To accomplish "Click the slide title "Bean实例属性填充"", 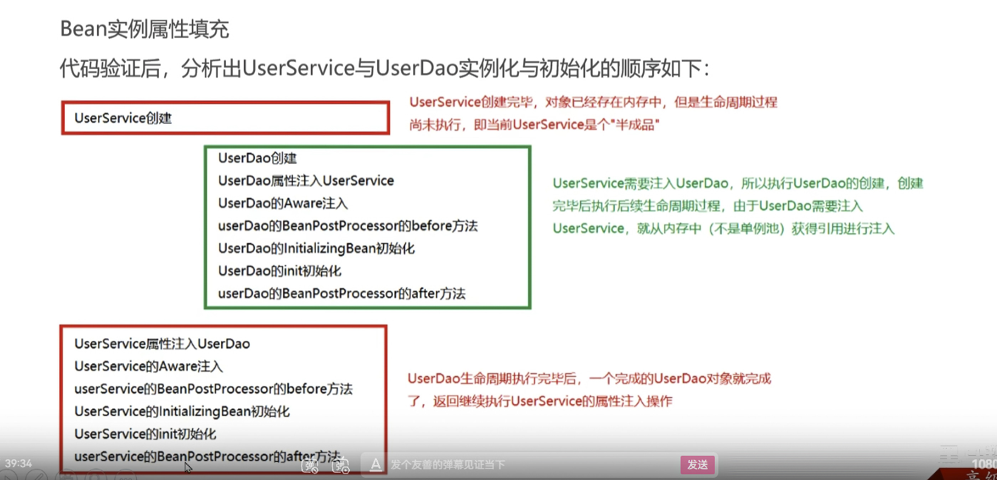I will pyautogui.click(x=144, y=29).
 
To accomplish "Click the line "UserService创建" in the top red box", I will pyautogui.click(x=123, y=118).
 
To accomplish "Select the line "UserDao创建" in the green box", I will pyautogui.click(x=257, y=158).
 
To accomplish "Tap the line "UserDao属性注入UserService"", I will pyautogui.click(x=306, y=180).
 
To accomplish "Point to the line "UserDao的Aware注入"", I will pyautogui.click(x=283, y=203).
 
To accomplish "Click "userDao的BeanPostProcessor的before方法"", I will pyautogui.click(x=347, y=225).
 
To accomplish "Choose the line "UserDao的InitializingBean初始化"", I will pyautogui.click(x=316, y=248).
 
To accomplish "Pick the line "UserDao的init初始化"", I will pyautogui.click(x=279, y=271).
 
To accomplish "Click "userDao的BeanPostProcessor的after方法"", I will pyautogui.click(x=341, y=293).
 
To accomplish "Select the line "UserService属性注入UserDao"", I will pyautogui.click(x=162, y=344).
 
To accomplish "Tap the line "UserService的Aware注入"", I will pyautogui.click(x=149, y=366).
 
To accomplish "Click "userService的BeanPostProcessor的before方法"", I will pyautogui.click(x=213, y=389).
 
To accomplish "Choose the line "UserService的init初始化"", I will pyautogui.click(x=145, y=434).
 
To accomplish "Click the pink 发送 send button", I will pyautogui.click(x=697, y=464).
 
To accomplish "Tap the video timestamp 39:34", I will pyautogui.click(x=18, y=463).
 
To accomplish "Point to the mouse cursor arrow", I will pyautogui.click(x=188, y=467).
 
